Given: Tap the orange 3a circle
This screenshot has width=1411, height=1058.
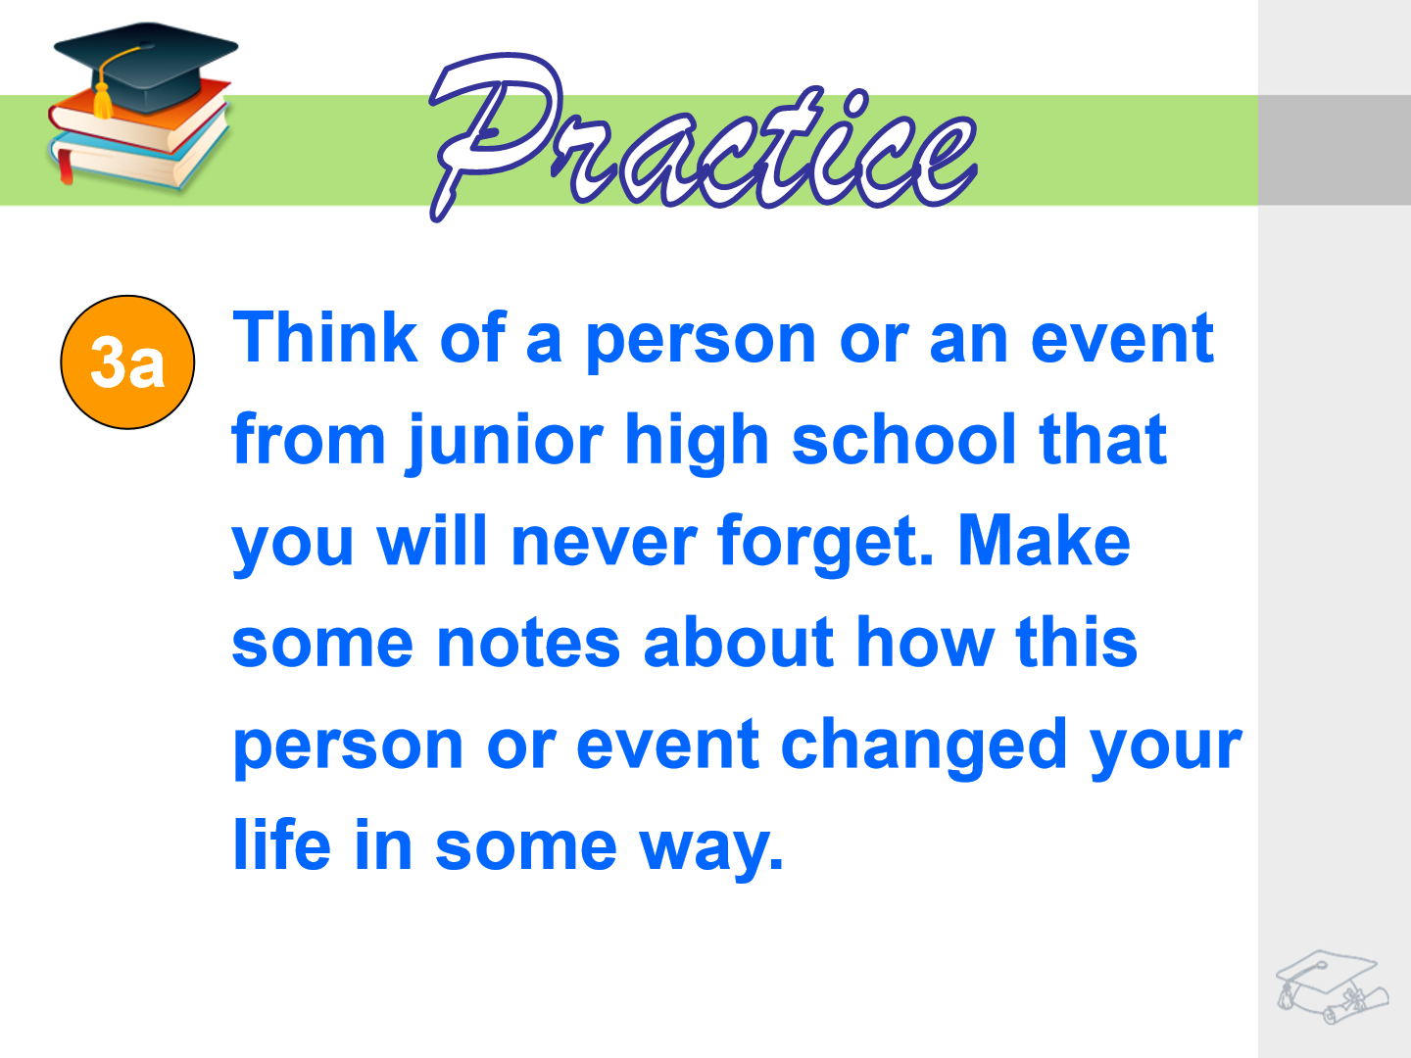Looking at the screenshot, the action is coord(127,362).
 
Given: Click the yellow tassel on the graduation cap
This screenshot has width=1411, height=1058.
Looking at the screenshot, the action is coord(103,100).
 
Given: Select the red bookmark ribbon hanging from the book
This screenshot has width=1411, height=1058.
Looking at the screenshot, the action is coord(65,166).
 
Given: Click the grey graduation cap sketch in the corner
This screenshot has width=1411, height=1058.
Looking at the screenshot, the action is coord(1332,986).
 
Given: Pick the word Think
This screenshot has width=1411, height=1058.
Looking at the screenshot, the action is coord(325,337).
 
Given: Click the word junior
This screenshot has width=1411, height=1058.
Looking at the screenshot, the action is coord(504,442).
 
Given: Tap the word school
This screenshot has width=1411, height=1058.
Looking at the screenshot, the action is coord(904,439).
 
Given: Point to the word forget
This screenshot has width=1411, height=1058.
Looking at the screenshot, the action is coord(825,543).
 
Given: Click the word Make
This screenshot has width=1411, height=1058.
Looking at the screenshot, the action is coord(1044,540).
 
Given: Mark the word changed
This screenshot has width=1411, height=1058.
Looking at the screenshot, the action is coord(924,746).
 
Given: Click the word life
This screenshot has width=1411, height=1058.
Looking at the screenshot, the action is coord(282,843).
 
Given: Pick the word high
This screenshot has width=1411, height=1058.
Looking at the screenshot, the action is coord(697,442).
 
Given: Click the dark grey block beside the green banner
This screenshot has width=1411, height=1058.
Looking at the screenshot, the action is coord(1335,150).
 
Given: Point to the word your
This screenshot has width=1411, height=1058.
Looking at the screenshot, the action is coord(1166,751).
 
